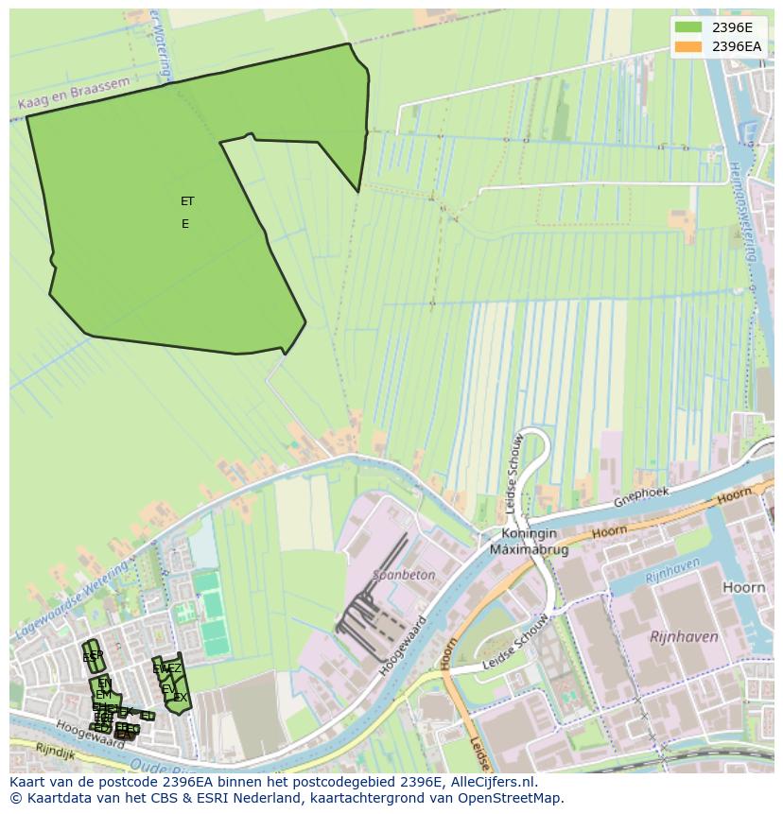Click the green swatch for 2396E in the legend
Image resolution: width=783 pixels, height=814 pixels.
[x=689, y=27]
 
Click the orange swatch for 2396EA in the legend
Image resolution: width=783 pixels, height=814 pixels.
[x=689, y=46]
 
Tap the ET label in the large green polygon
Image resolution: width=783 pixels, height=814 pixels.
[x=187, y=201]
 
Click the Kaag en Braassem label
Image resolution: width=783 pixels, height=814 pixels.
[x=73, y=96]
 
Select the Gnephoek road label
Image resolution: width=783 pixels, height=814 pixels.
[x=641, y=497]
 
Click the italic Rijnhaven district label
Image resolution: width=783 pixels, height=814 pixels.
[x=684, y=637]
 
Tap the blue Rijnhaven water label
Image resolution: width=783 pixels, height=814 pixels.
[x=672, y=570]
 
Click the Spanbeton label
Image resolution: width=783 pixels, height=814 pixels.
[x=404, y=574]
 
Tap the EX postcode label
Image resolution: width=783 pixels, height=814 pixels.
[x=181, y=698]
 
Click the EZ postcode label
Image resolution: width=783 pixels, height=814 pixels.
[x=175, y=668]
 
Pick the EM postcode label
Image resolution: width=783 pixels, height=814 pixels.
[x=103, y=695]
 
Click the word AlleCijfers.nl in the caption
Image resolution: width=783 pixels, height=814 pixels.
[x=491, y=782]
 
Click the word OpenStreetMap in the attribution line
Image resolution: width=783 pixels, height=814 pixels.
[x=516, y=798]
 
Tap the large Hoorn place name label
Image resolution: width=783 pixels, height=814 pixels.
[x=743, y=587]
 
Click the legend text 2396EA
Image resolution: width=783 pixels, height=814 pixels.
[x=737, y=46]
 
